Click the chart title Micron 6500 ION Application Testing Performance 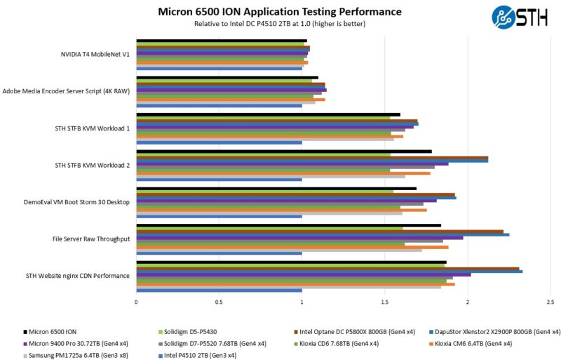279,11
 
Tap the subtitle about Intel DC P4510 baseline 279,23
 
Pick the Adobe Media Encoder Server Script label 66,91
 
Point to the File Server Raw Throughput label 91,239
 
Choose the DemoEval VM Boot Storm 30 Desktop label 76,201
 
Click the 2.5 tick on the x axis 550,302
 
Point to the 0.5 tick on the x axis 219,302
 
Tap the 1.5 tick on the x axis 384,302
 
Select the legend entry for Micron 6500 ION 50,332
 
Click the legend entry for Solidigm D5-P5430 191,332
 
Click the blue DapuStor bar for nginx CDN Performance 329,271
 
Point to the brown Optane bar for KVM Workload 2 312,156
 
